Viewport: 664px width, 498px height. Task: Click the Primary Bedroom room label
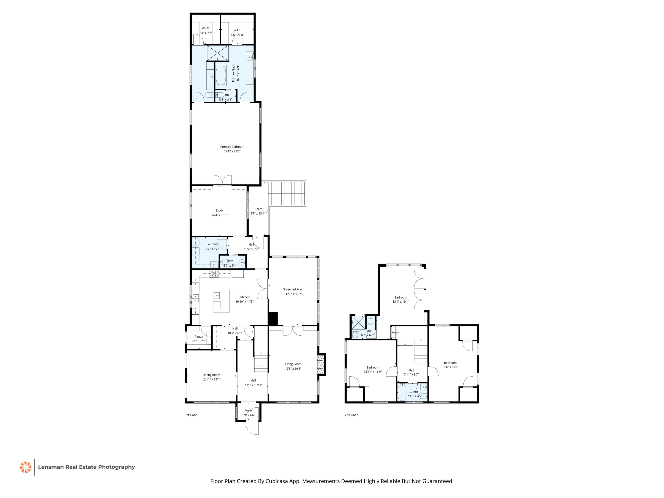tap(232, 147)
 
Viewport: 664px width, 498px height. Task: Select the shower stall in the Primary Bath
tap(217, 53)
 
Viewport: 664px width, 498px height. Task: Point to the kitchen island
tap(221, 301)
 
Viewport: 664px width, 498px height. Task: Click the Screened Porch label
tap(294, 289)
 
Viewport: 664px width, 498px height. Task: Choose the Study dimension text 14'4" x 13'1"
tap(219, 215)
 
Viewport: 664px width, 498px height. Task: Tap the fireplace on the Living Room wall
tap(321, 364)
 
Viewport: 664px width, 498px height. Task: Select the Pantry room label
tap(199, 337)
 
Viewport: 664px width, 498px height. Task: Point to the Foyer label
tap(248, 410)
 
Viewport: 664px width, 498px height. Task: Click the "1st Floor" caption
tap(191, 415)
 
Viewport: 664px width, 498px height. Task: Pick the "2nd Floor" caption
tap(351, 415)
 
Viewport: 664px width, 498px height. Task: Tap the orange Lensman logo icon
tap(26, 467)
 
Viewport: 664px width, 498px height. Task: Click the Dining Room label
tap(211, 375)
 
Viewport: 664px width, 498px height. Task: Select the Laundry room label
tap(212, 244)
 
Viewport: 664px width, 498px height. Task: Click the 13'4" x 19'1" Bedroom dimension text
tap(401, 302)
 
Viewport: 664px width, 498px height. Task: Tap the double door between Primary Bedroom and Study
tap(222, 180)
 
